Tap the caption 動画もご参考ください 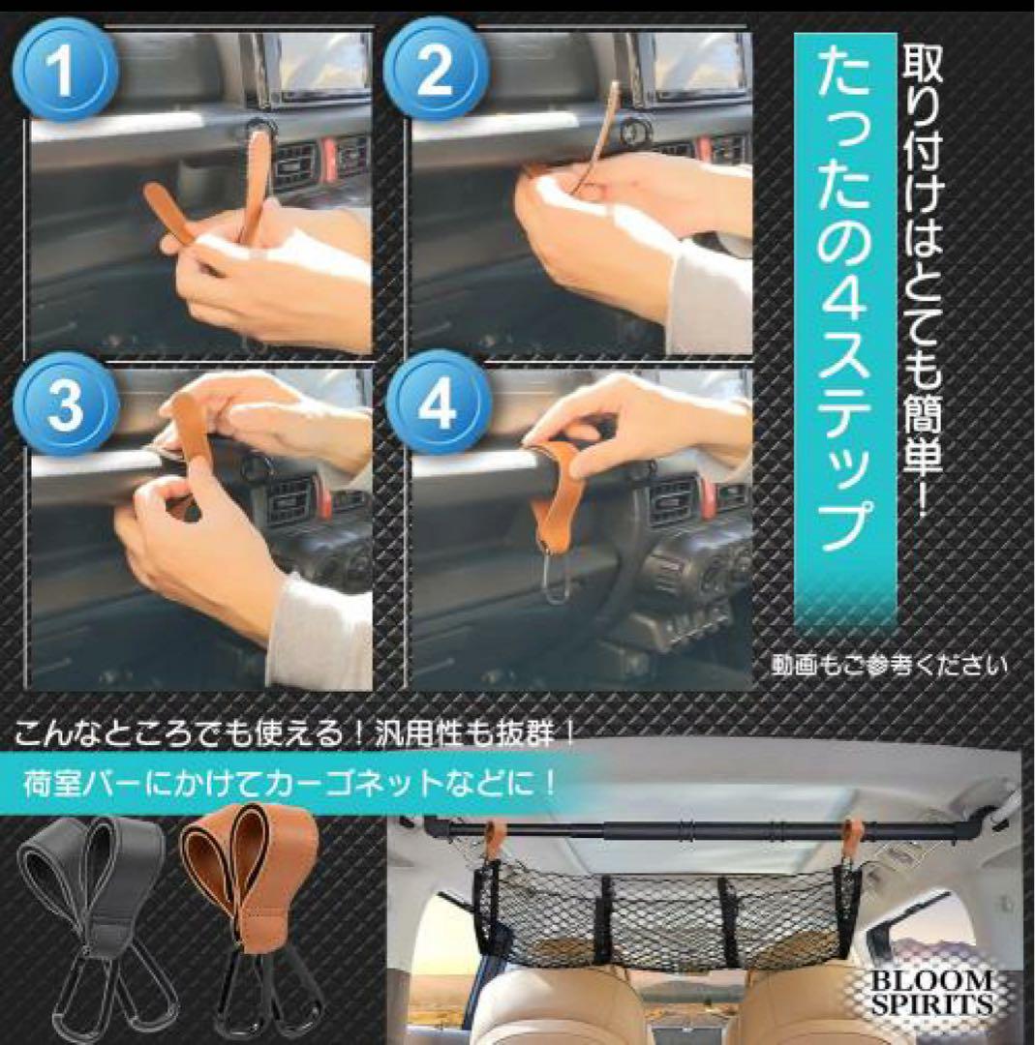coord(889,666)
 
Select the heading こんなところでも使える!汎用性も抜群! coord(295,733)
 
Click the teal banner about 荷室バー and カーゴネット coord(290,783)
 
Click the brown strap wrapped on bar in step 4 coord(563,493)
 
